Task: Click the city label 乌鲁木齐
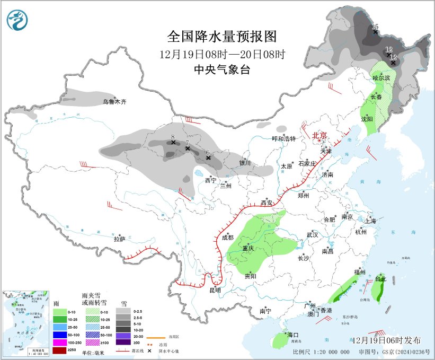115,101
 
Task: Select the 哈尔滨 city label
381,77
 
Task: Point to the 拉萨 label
120,239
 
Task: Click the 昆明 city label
215,290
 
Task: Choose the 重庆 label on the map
249,249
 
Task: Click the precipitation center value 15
375,27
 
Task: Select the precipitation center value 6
208,152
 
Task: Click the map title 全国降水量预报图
222,36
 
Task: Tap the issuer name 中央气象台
222,69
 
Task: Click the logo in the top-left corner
17,21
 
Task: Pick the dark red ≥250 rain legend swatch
60,350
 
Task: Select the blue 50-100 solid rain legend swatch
60,335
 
